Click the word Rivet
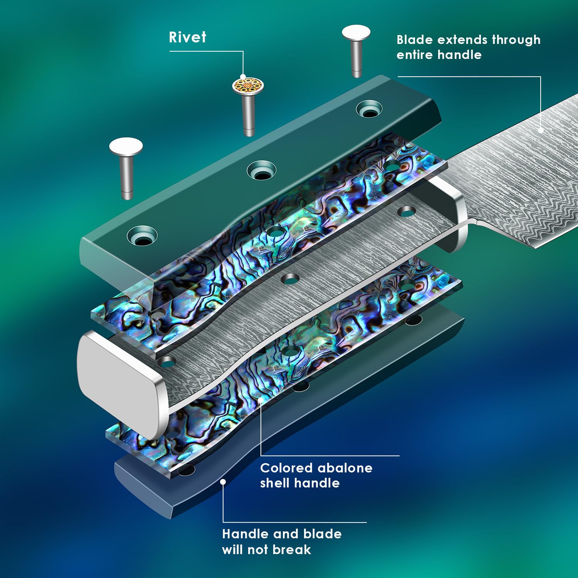coord(187,37)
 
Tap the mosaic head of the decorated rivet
coord(248,85)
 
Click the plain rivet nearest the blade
coord(356,50)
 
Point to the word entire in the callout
coord(415,55)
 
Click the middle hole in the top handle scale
coord(262,171)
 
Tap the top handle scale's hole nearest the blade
coord(369,109)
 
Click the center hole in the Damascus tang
coord(291,278)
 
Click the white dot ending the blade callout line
coord(541,130)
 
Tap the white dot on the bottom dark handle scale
coord(223,482)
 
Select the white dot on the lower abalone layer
coord(261,400)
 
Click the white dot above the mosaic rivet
coord(243,76)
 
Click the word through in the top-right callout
coord(516,40)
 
